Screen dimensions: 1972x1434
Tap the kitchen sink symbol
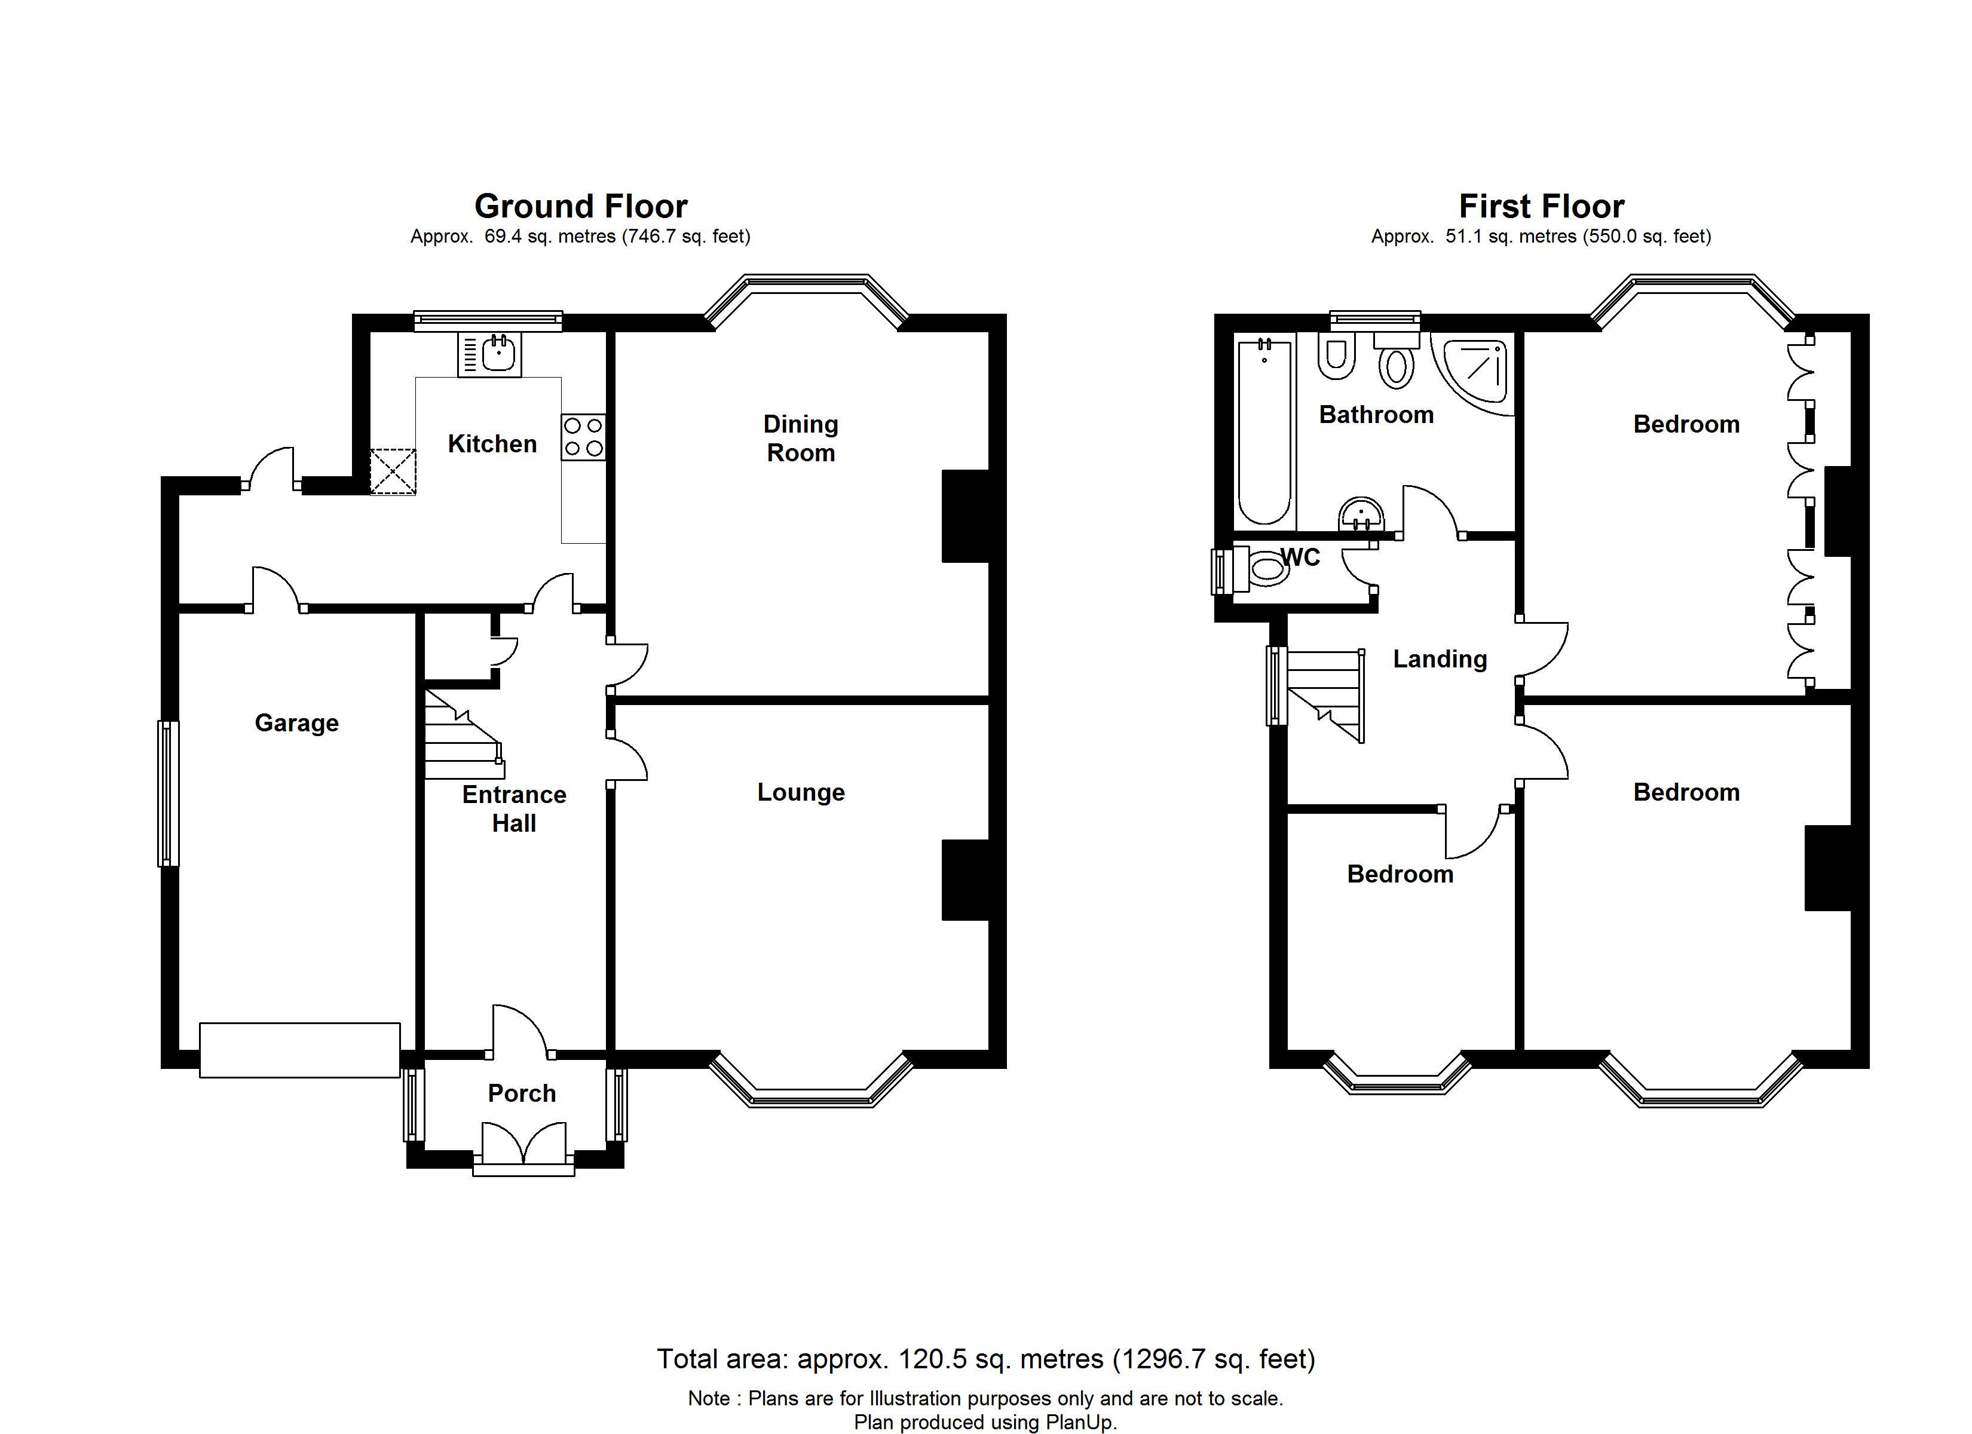(x=489, y=355)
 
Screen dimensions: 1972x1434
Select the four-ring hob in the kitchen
(x=583, y=437)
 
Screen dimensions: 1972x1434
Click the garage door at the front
(x=300, y=1050)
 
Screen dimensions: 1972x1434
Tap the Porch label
(x=522, y=1093)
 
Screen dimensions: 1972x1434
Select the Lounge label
(x=801, y=793)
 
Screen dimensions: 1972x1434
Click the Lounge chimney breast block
(x=966, y=879)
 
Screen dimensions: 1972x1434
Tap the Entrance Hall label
(x=514, y=809)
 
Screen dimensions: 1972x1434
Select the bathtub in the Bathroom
(x=1264, y=432)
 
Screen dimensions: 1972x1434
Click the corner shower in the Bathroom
(x=1475, y=374)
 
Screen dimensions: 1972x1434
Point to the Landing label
(x=1440, y=659)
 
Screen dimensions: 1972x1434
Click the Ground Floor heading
(x=581, y=206)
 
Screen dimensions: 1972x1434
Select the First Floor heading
(x=1542, y=206)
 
